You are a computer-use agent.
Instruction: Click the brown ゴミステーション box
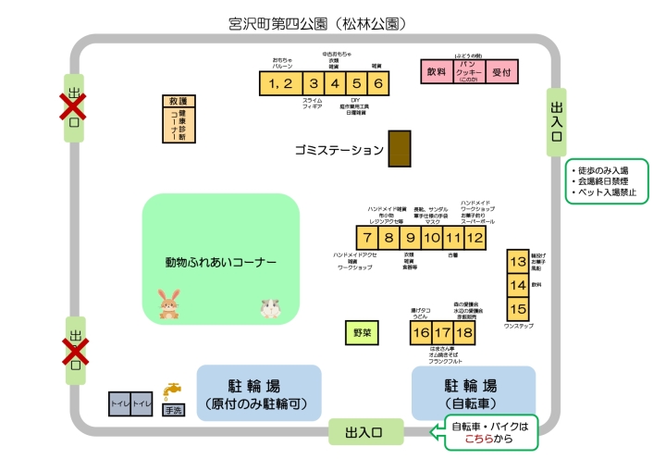399,149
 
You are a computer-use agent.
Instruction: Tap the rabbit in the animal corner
168,304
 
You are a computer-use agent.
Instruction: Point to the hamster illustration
270,306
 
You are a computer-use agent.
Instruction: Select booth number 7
367,238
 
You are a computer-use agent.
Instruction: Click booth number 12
475,238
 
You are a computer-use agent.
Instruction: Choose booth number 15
517,309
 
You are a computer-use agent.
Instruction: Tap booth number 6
378,83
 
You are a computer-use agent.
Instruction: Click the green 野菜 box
362,330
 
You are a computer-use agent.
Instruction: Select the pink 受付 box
501,71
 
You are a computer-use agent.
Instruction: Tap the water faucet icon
172,390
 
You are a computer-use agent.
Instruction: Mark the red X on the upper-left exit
73,107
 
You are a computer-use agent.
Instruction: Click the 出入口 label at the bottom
366,431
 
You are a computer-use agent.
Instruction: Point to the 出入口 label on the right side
556,115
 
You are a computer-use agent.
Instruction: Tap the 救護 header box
177,101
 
